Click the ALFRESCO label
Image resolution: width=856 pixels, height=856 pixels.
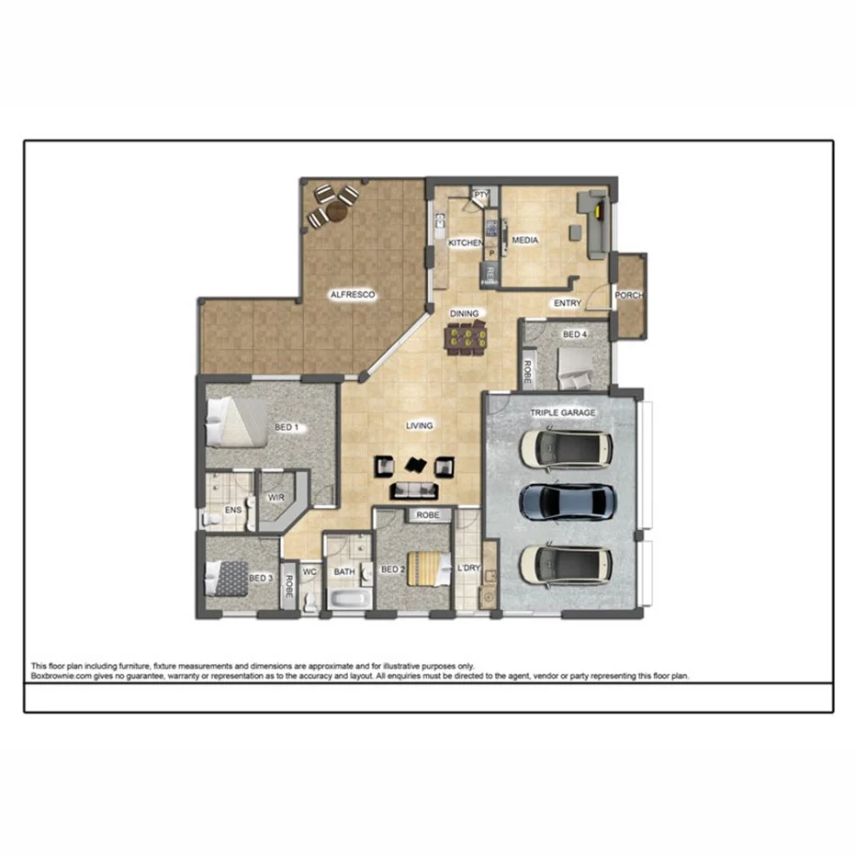(x=354, y=295)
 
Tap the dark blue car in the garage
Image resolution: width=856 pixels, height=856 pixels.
(x=565, y=501)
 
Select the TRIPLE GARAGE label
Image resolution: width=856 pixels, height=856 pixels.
(x=562, y=413)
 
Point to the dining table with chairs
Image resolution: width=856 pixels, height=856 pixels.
(x=466, y=339)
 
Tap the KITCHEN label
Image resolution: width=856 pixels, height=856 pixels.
(x=465, y=242)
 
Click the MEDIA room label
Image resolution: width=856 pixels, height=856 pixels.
(x=524, y=241)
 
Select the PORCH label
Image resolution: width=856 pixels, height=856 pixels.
(x=629, y=296)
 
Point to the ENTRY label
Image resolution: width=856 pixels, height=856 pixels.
(x=567, y=303)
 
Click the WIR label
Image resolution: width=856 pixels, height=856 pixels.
(x=276, y=497)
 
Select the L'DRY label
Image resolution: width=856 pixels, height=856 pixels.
(x=468, y=569)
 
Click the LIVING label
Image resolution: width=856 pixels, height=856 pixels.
(x=420, y=425)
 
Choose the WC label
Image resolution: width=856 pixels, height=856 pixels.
(x=310, y=570)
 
